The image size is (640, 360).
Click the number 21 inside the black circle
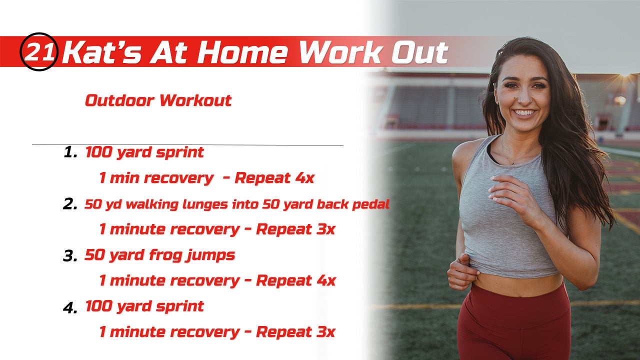[x=39, y=51]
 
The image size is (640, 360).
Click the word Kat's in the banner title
[x=101, y=52]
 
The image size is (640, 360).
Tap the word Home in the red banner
[x=242, y=52]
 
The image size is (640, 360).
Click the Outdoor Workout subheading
[x=158, y=100]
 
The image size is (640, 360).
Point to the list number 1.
[x=70, y=152]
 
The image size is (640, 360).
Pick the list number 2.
[x=70, y=204]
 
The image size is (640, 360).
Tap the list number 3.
[x=70, y=255]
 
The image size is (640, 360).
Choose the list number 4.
[x=70, y=307]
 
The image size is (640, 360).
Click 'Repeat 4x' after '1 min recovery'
[x=274, y=178]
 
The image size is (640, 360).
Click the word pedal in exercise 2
[x=371, y=204]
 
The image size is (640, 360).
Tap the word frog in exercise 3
[x=165, y=255]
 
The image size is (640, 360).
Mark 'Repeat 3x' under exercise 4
[x=295, y=332]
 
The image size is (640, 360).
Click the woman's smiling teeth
[x=524, y=112]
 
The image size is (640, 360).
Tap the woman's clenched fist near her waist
[x=461, y=272]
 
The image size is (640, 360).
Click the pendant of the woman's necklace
[x=513, y=163]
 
